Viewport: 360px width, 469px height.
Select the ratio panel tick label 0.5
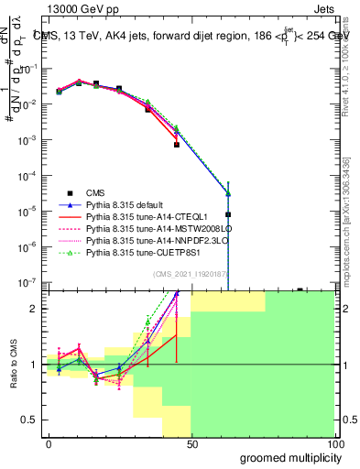click(32, 420)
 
